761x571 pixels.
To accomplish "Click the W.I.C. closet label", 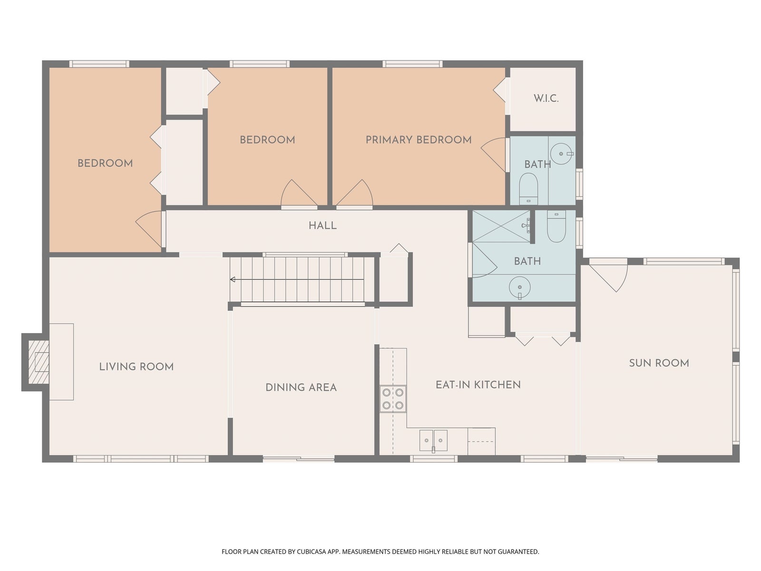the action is tap(546, 98).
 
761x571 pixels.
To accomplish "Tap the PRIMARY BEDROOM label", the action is tap(419, 140).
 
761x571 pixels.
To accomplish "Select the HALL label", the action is tap(322, 226).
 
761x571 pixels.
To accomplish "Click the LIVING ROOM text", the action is tap(136, 366).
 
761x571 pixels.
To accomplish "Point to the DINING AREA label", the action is tap(301, 387).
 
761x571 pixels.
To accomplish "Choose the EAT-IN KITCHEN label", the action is tap(478, 384).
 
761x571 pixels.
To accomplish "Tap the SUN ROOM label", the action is tap(659, 363).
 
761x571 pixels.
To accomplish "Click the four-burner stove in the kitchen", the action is tap(393, 399).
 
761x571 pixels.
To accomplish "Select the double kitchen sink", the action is tap(433, 441).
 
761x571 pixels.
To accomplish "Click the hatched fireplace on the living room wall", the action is tap(38, 362).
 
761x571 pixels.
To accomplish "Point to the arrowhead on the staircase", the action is tap(233, 279).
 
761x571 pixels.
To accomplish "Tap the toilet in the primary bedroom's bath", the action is tap(528, 189).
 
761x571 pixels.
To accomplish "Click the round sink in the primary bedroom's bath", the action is tap(561, 154).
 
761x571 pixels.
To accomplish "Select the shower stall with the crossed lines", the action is tap(501, 226).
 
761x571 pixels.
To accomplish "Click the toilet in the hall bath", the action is tap(556, 226).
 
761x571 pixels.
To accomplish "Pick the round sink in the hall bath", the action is tap(520, 287).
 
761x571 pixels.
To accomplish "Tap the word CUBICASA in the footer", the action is tap(312, 551).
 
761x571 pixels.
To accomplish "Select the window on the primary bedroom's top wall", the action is tap(412, 64).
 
